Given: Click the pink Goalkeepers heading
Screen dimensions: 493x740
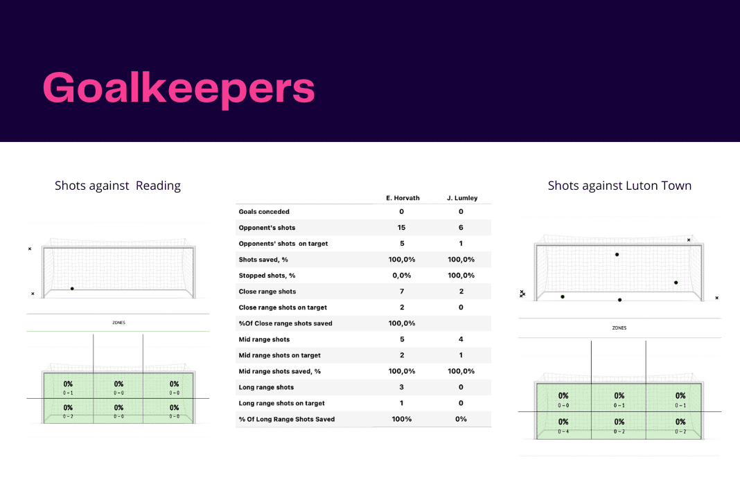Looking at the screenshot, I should click(x=179, y=89).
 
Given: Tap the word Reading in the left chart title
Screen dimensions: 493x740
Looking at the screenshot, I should click(x=158, y=186).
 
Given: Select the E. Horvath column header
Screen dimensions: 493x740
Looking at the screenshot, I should click(x=402, y=198).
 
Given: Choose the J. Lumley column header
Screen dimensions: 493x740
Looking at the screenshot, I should click(x=461, y=198).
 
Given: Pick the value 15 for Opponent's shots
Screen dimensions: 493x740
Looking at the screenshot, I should click(x=402, y=228).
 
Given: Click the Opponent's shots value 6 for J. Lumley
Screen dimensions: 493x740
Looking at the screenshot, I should click(x=461, y=228).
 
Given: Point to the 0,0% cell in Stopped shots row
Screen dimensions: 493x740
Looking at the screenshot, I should click(x=402, y=276).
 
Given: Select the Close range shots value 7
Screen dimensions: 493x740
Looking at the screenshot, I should click(x=402, y=292).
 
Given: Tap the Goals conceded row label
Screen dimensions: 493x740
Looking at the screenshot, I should click(x=264, y=212).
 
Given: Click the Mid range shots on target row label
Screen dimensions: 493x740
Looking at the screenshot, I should click(x=279, y=355).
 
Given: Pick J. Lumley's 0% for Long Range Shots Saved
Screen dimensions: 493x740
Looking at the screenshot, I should click(x=461, y=419).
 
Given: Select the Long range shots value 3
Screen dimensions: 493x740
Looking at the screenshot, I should click(x=402, y=387).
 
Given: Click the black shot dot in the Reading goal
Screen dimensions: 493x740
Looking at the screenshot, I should click(x=72, y=289).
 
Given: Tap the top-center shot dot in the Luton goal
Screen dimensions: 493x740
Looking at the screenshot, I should click(x=617, y=255).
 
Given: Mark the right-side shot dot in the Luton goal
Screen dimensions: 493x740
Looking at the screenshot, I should click(x=676, y=283).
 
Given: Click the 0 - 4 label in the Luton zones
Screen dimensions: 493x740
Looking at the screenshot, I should click(x=563, y=431).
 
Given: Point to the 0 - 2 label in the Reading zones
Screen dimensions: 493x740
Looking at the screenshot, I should click(x=68, y=416).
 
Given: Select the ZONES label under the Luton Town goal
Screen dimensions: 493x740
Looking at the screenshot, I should click(x=619, y=328).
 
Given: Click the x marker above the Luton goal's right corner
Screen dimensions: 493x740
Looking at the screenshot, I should click(x=689, y=240).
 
